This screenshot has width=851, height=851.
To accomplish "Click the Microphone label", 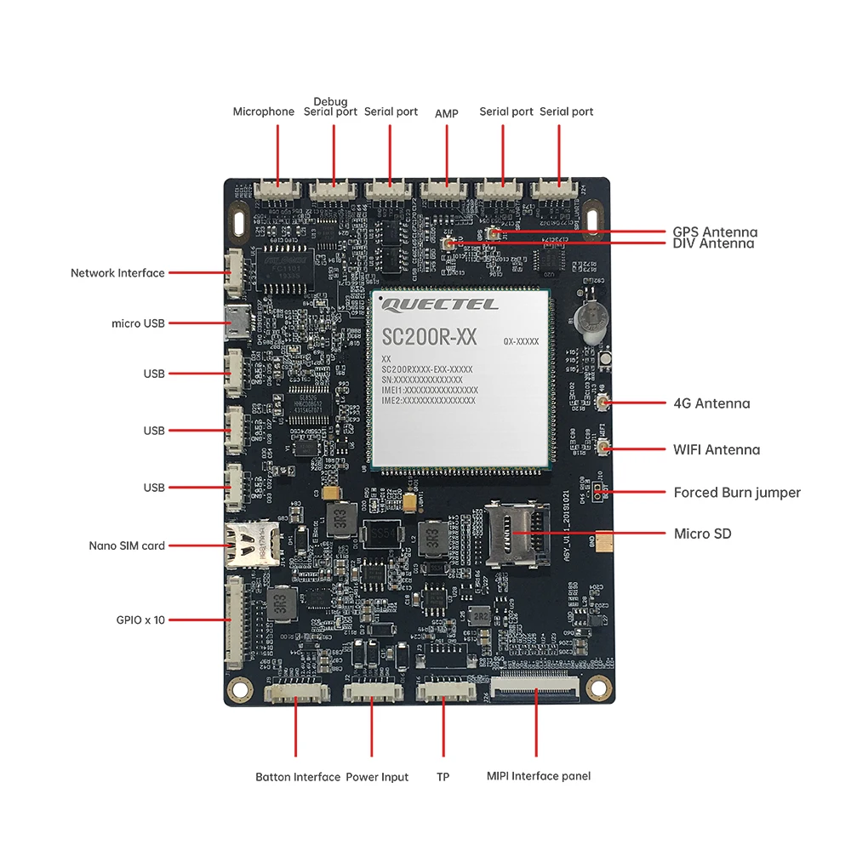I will click(x=264, y=111).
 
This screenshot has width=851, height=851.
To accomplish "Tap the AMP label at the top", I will click(x=447, y=113).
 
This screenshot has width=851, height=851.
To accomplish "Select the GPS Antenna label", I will click(x=715, y=231).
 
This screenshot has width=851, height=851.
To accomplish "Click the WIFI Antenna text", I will click(x=717, y=449).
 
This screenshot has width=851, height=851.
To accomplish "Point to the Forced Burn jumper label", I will click(x=737, y=493).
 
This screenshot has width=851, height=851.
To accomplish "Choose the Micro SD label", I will click(x=702, y=534).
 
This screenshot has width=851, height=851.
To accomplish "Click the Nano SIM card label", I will click(x=127, y=545).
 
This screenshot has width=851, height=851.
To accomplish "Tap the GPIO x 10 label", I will click(x=140, y=620).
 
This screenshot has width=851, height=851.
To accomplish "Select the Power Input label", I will click(x=377, y=777).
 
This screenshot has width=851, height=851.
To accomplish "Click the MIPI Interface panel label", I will click(x=539, y=776).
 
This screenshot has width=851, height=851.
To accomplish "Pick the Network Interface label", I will click(x=117, y=273).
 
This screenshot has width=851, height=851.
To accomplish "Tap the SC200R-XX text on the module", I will click(x=430, y=337).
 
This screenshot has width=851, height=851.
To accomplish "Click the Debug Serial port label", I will click(x=330, y=106).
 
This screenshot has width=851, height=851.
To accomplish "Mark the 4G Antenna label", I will click(x=711, y=403).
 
